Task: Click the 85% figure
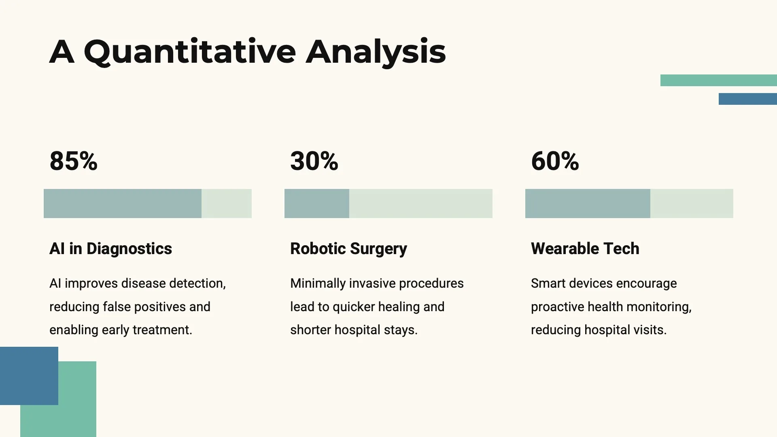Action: (x=73, y=161)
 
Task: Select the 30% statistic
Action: (x=314, y=161)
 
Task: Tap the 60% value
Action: (x=555, y=161)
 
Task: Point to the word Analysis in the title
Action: (x=376, y=52)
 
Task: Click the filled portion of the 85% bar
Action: (x=123, y=204)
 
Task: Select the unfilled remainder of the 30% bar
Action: (x=421, y=204)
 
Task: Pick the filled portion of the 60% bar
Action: (x=588, y=204)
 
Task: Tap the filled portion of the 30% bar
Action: (x=317, y=204)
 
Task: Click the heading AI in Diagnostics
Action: (x=110, y=249)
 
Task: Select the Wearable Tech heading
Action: (x=585, y=249)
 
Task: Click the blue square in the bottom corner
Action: (x=29, y=376)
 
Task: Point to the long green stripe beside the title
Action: (x=719, y=80)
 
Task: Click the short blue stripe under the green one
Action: (x=748, y=99)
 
